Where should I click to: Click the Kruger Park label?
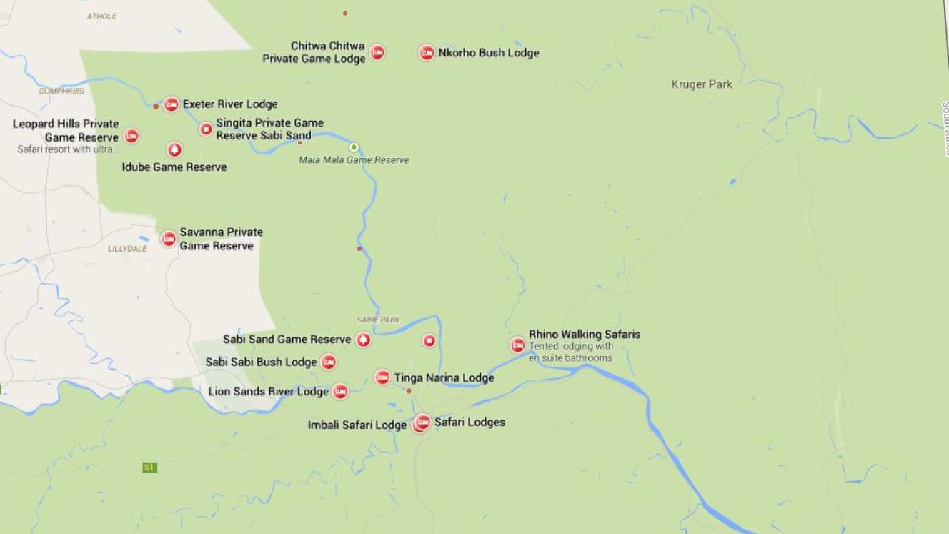pyautogui.click(x=701, y=84)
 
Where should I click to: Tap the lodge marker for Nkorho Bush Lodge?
pyautogui.click(x=427, y=53)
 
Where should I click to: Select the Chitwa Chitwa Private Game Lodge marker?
pyautogui.click(x=377, y=52)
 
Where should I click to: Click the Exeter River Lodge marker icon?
pyautogui.click(x=171, y=104)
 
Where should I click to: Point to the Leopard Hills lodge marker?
pyautogui.click(x=131, y=136)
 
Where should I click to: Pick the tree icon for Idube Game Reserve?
pyautogui.click(x=174, y=149)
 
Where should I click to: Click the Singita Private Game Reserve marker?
pyautogui.click(x=206, y=129)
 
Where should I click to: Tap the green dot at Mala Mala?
pyautogui.click(x=353, y=147)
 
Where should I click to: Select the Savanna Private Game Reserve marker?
pyautogui.click(x=169, y=239)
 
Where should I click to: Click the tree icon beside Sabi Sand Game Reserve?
pyautogui.click(x=364, y=340)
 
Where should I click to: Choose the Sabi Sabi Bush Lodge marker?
pyautogui.click(x=329, y=362)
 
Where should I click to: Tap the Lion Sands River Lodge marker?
pyautogui.click(x=341, y=392)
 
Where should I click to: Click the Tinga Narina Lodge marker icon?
pyautogui.click(x=382, y=377)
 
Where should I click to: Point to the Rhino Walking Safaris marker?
pyautogui.click(x=517, y=345)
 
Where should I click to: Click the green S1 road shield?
pyautogui.click(x=149, y=468)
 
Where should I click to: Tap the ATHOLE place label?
pyautogui.click(x=101, y=16)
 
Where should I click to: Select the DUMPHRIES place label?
pyautogui.click(x=61, y=92)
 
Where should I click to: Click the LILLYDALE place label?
pyautogui.click(x=127, y=249)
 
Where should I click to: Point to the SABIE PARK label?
pyautogui.click(x=378, y=320)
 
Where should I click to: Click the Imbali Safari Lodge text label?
pyautogui.click(x=357, y=425)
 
